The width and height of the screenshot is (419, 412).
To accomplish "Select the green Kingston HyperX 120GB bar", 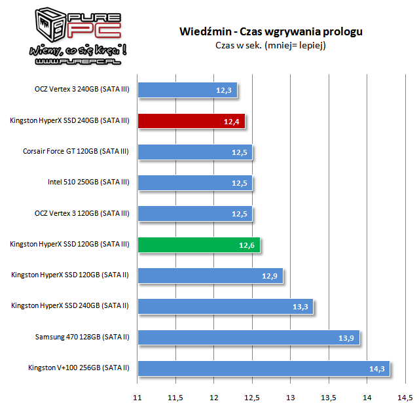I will (199, 245).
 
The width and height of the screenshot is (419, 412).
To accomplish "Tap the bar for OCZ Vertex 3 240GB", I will (187, 90).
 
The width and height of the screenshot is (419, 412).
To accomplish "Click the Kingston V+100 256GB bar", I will (263, 368).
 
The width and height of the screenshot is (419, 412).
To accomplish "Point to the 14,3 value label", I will (376, 369).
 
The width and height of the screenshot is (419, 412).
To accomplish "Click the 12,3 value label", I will (224, 90).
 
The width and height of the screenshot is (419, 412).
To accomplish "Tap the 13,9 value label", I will (346, 337).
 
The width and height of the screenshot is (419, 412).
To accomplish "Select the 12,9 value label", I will (270, 276).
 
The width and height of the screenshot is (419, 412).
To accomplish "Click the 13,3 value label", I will (301, 307).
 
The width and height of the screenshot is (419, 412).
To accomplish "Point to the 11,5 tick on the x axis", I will (175, 398).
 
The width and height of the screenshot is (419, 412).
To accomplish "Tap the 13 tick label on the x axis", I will (290, 398).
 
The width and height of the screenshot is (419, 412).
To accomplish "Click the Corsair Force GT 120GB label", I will (75, 152).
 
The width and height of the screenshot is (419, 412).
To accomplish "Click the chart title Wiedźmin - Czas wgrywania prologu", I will (270, 31).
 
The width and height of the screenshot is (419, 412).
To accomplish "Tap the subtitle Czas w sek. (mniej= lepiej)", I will (270, 45).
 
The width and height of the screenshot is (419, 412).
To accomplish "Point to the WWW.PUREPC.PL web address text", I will (67, 62).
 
